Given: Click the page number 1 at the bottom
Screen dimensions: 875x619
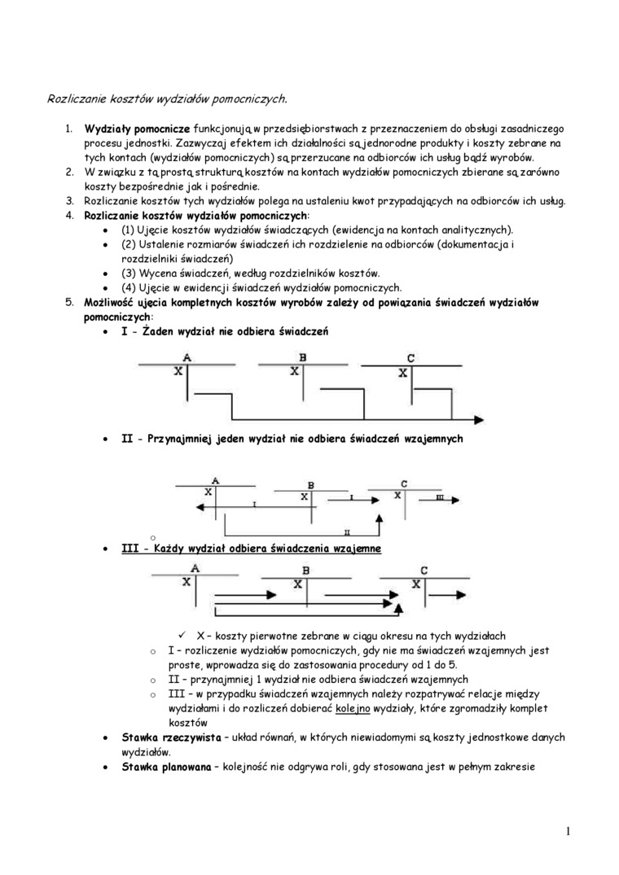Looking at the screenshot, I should coord(567,831).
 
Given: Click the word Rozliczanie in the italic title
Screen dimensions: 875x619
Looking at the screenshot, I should coord(75,98).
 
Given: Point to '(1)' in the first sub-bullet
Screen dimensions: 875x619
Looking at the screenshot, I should coord(129,230).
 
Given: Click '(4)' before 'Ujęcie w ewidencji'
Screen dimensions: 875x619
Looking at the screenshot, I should coord(130,287).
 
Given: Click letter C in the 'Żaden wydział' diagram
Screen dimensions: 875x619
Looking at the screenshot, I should coord(410,358).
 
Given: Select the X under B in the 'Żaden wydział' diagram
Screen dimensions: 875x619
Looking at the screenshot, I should coord(295,372).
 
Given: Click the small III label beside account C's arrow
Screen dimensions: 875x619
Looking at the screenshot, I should coord(440,496).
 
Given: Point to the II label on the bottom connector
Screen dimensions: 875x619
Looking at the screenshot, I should coord(347,531).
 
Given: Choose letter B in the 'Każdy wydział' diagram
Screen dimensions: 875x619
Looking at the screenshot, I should coord(305,571).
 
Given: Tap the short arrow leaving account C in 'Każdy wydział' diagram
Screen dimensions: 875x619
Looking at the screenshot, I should coord(452,594).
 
